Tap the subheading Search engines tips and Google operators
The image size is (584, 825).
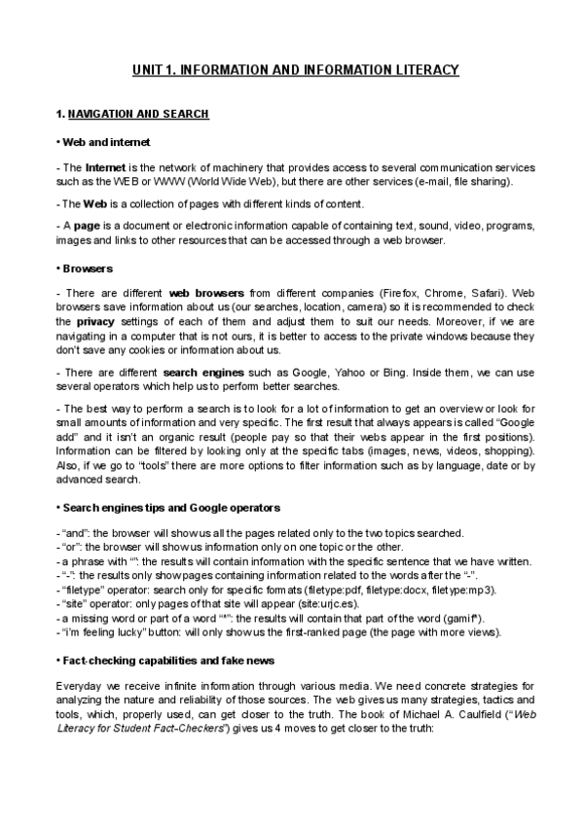tap(171, 507)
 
